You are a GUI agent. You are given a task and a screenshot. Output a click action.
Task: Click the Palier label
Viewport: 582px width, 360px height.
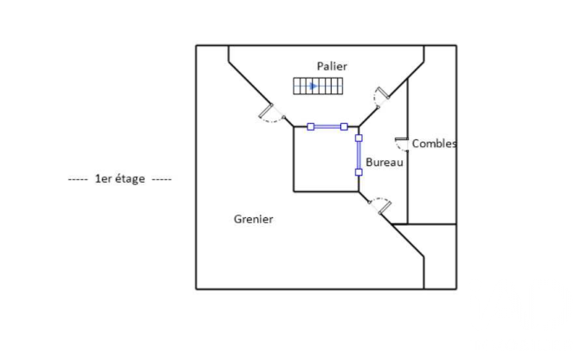[x=332, y=67]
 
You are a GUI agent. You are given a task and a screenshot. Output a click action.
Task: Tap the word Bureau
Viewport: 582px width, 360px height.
[x=385, y=163]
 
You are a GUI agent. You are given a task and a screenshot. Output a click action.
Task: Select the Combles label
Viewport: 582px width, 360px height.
[x=434, y=144]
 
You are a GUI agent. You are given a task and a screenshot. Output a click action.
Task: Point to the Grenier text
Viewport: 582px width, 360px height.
[x=254, y=219]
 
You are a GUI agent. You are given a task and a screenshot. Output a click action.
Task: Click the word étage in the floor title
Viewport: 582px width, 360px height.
[x=130, y=179]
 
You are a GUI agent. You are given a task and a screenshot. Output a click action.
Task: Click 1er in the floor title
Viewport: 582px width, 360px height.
[x=104, y=179]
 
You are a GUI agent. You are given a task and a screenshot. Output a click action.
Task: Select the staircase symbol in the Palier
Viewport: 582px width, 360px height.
[x=318, y=86]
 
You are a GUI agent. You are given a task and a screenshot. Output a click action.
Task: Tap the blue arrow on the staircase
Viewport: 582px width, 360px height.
[x=314, y=87]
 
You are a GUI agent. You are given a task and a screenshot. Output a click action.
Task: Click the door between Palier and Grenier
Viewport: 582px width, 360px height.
[x=271, y=113]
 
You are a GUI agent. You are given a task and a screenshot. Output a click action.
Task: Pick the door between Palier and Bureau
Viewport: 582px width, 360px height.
[x=381, y=97]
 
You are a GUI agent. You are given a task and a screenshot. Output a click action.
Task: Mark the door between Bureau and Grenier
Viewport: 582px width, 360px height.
[x=380, y=206]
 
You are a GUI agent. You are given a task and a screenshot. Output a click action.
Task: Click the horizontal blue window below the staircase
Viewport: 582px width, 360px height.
[x=327, y=127]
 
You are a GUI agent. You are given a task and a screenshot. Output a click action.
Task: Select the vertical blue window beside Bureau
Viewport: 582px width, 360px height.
[x=359, y=155]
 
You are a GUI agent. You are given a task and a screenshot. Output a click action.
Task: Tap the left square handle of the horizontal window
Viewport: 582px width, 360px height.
[x=311, y=127]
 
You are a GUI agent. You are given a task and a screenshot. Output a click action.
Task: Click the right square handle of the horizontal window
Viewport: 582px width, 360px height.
[x=344, y=127]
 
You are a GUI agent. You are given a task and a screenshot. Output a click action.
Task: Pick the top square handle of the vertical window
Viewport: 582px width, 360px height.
[x=359, y=138]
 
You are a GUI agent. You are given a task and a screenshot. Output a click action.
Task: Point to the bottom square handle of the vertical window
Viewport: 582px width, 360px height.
[x=359, y=172]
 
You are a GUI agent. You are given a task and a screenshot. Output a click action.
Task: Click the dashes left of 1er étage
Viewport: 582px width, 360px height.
[x=78, y=179]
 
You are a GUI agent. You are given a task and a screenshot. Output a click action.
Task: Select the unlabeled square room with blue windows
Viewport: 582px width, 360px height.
[x=327, y=159]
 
